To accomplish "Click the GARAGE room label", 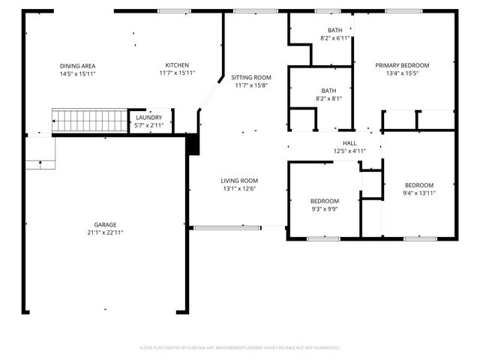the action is (105, 224).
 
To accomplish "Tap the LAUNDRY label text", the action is (148, 118).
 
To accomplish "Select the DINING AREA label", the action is (77, 66).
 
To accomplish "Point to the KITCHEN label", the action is (177, 65).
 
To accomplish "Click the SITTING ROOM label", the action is (251, 77).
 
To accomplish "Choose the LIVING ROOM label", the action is (239, 181).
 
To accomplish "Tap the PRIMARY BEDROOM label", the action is (402, 65).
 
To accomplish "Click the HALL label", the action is (349, 143).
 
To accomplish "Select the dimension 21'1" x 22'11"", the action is (105, 232).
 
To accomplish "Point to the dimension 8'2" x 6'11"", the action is (335, 38).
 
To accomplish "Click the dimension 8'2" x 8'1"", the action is (328, 98).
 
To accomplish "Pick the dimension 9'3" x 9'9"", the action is (325, 209).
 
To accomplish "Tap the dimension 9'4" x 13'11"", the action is (419, 193).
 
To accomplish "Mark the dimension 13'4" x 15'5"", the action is (402, 73).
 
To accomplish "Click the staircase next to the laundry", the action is (90, 121).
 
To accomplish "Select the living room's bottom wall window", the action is (227, 228).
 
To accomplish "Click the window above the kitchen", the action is (174, 11).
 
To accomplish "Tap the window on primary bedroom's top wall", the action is (404, 11).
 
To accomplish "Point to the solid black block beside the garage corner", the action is (193, 145).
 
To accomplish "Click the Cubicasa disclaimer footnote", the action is (240, 348).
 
